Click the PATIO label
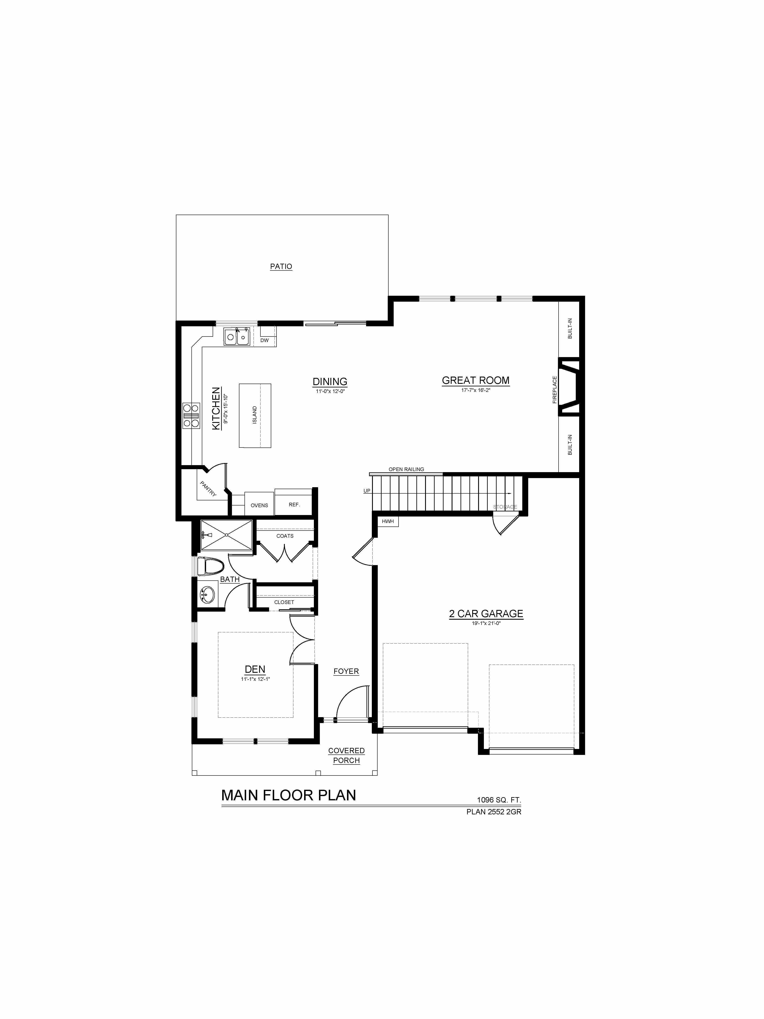click(281, 266)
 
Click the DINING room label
click(330, 381)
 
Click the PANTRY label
click(208, 488)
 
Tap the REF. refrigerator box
click(294, 504)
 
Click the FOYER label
click(346, 671)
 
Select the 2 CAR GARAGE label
click(486, 614)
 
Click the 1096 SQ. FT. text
click(499, 800)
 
